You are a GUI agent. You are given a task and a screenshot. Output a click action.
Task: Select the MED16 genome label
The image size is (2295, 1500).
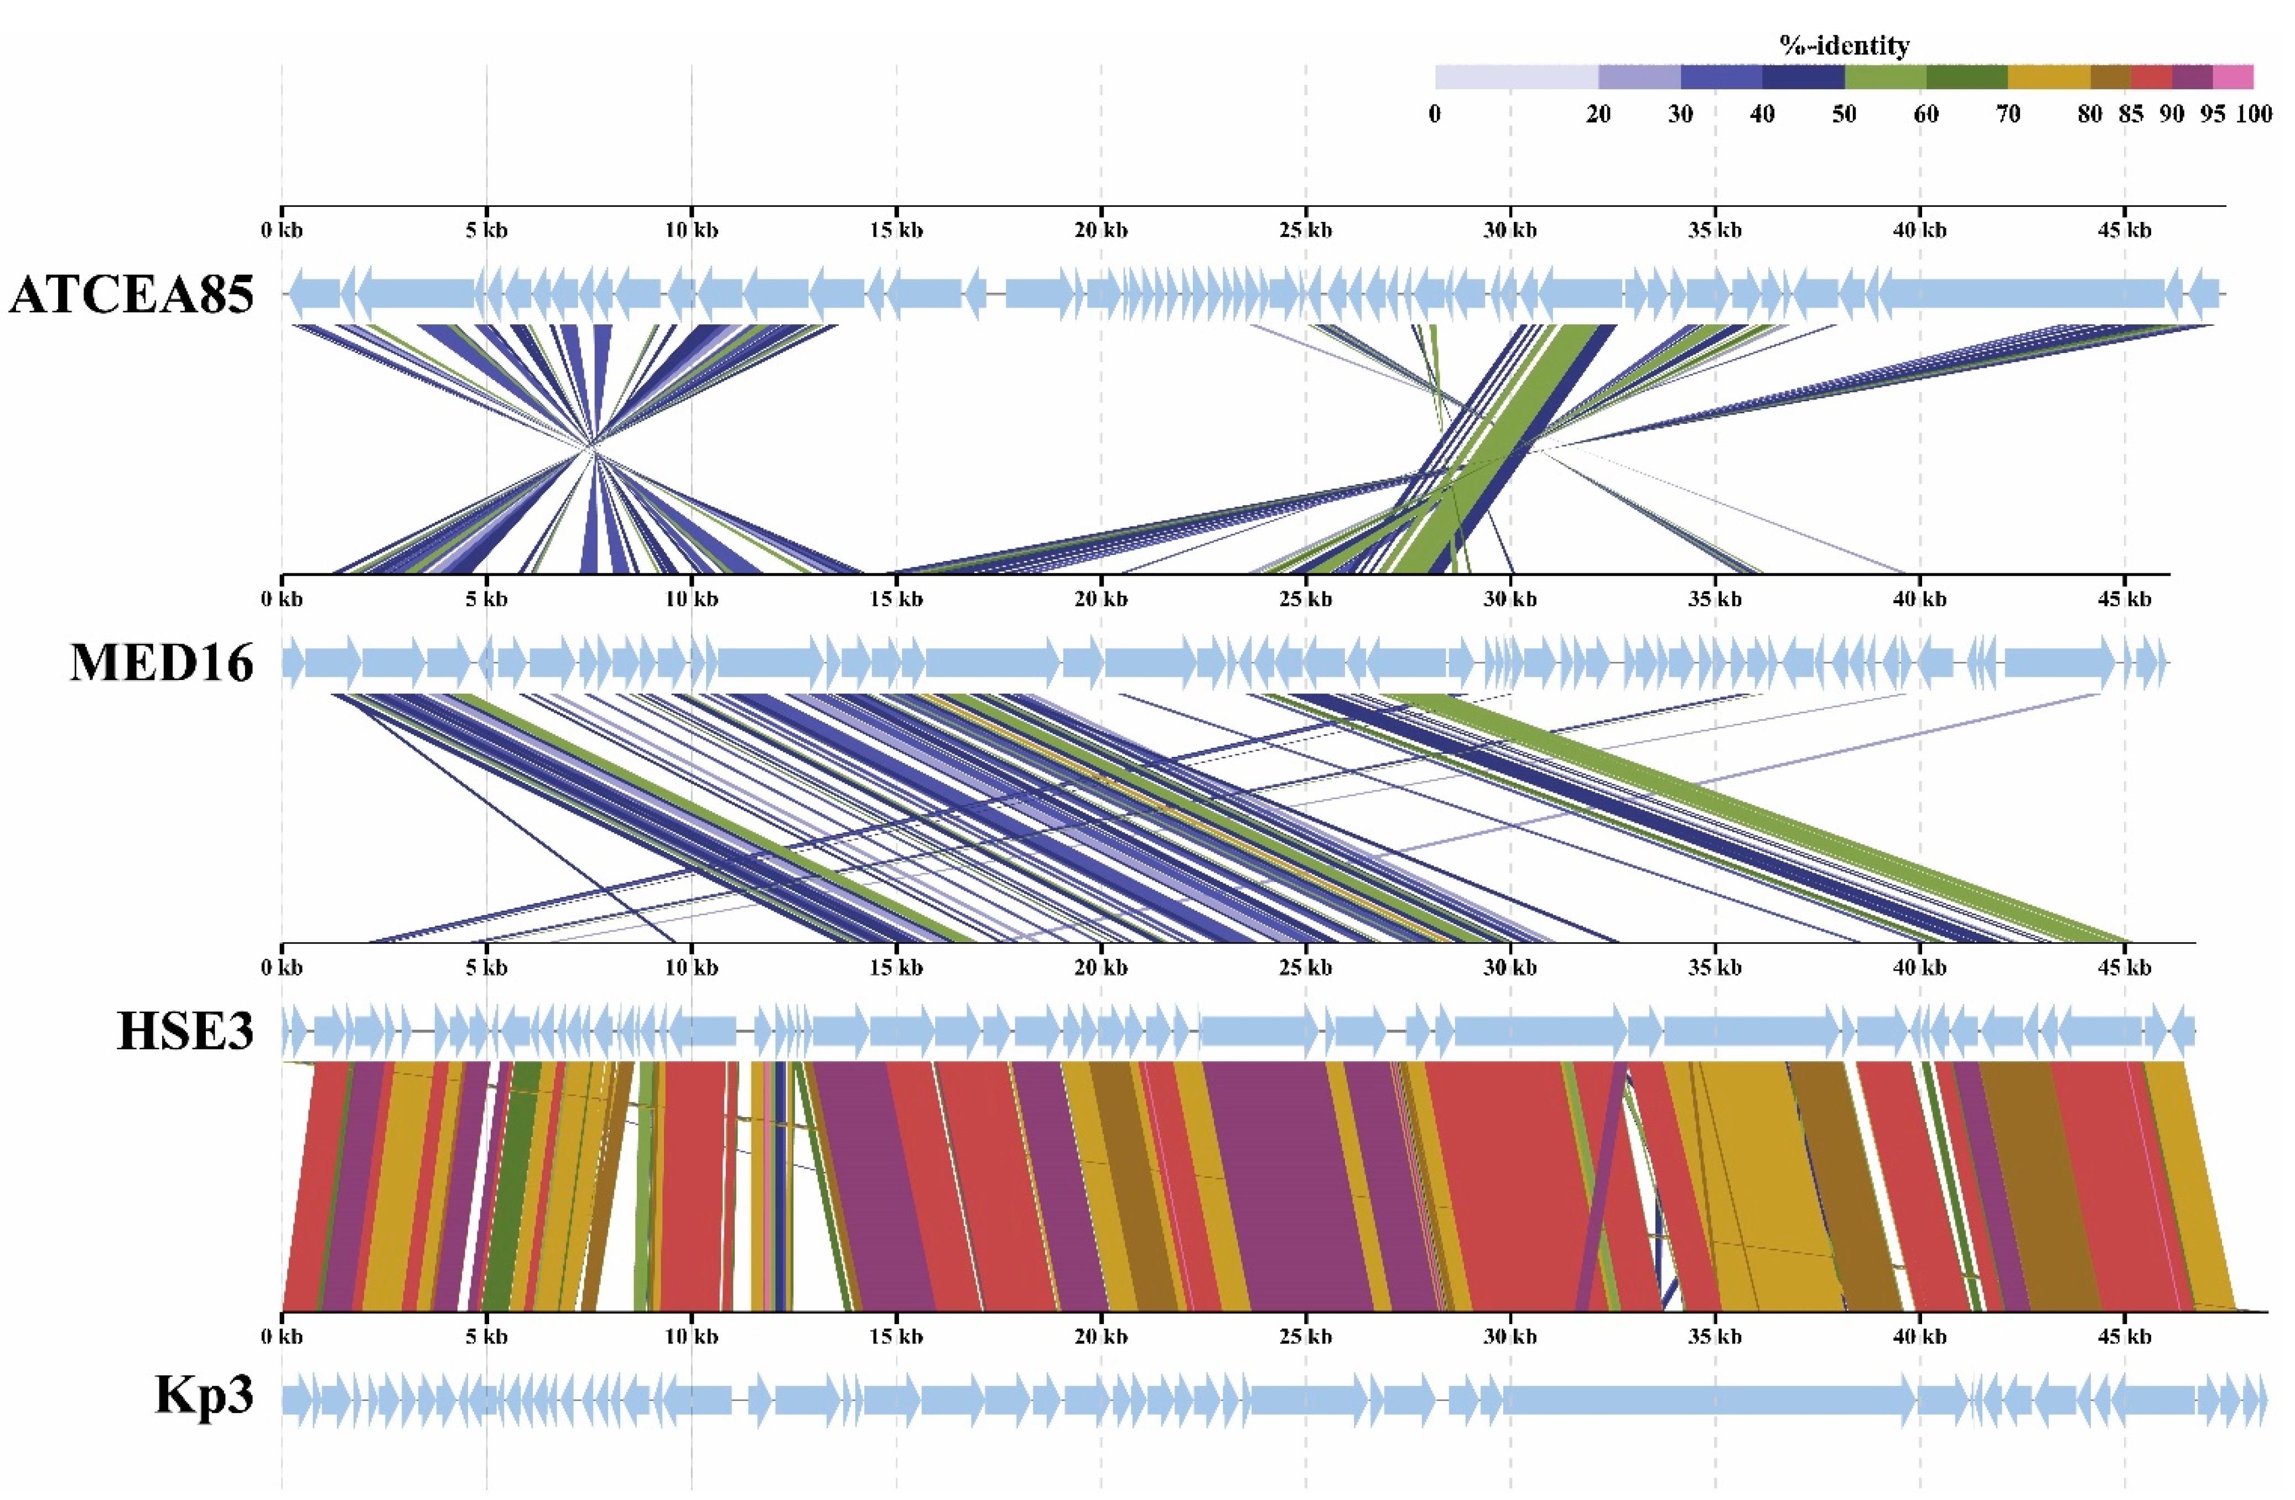(161, 663)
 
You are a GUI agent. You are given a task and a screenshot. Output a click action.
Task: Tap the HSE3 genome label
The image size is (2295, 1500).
(185, 1031)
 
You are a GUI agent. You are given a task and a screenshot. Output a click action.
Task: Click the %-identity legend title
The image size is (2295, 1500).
(1843, 45)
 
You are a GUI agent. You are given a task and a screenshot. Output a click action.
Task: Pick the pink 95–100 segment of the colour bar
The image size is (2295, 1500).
(2232, 77)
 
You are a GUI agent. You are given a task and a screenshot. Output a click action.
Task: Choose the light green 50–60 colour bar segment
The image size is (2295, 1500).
(1884, 77)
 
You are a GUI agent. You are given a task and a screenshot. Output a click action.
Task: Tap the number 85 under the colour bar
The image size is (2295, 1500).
(2130, 115)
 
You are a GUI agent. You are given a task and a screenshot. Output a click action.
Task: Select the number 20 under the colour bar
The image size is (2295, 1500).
(1598, 115)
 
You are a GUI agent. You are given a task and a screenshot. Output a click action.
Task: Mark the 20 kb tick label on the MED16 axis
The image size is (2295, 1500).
(1100, 599)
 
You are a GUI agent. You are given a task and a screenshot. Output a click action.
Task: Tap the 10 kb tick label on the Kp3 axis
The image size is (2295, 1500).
(690, 1337)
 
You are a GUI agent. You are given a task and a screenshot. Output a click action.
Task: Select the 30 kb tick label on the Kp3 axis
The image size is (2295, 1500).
(1509, 1337)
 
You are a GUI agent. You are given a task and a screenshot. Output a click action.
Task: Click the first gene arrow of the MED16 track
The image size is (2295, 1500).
(292, 663)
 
